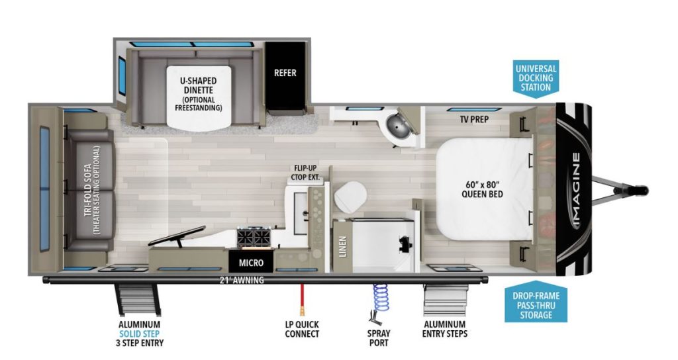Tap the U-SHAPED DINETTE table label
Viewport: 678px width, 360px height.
click(199, 85)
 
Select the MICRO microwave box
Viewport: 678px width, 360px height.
click(251, 262)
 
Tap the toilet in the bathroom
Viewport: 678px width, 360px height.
click(350, 193)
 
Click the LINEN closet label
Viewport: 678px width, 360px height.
click(343, 246)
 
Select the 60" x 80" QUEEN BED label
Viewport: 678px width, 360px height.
click(483, 189)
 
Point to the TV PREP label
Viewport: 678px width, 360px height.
click(474, 119)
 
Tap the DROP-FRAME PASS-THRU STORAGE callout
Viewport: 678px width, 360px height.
click(536, 304)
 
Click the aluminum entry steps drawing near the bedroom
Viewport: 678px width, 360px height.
click(446, 300)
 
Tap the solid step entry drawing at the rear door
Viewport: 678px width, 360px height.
click(138, 300)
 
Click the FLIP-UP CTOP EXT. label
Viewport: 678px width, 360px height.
click(305, 173)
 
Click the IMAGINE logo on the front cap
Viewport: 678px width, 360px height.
click(577, 190)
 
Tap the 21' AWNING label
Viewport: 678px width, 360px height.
click(242, 280)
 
